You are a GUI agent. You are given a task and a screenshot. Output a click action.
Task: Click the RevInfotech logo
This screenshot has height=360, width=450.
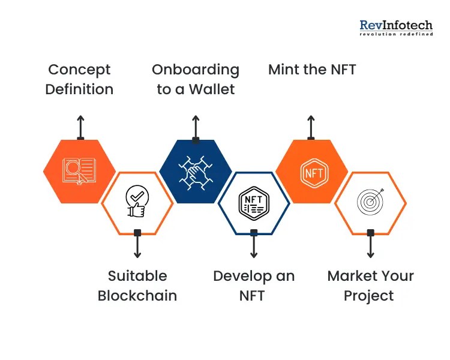(x=396, y=27)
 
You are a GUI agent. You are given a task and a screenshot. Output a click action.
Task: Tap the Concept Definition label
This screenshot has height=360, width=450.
(x=79, y=79)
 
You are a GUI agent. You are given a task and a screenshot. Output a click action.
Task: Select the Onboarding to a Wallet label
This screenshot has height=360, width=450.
(x=196, y=79)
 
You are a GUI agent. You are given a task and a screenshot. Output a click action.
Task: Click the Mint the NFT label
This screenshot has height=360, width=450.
(x=312, y=70)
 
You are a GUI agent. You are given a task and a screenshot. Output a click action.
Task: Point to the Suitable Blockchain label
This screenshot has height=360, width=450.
(x=137, y=286)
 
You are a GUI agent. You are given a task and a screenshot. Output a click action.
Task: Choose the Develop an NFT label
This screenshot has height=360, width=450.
(x=254, y=286)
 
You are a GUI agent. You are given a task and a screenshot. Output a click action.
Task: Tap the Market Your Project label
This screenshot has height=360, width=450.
(x=370, y=286)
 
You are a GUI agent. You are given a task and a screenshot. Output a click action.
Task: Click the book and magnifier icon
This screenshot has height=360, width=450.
(x=79, y=172)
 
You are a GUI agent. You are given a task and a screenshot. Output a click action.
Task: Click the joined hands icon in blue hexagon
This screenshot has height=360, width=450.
(x=196, y=172)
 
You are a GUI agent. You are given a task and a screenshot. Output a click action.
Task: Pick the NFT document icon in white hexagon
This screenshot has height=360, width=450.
(x=253, y=201)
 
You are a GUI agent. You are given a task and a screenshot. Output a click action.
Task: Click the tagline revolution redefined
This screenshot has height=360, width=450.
(x=396, y=34)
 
